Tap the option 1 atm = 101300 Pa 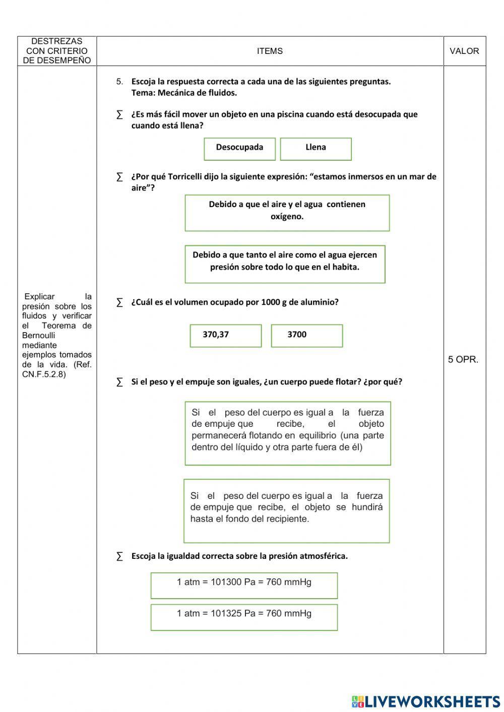coord(244,585)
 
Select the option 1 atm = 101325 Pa coord(244,616)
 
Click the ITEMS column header coord(270,51)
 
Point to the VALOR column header coord(464,51)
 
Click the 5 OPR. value coord(463,359)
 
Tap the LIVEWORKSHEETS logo coord(426,701)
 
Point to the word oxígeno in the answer coord(287,217)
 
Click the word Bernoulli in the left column coord(39,336)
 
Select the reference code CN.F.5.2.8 coord(44,374)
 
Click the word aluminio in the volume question coord(319,302)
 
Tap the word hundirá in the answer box coord(367,507)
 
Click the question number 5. coord(119,82)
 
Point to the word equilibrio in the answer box coord(318,435)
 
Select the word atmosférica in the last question coord(322,556)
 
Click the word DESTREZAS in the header coord(56,41)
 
